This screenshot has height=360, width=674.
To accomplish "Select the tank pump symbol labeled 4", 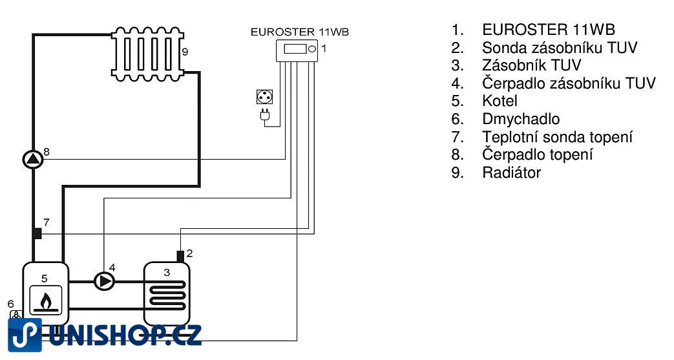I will click(x=105, y=281).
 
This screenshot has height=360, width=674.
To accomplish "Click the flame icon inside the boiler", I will click(x=45, y=300).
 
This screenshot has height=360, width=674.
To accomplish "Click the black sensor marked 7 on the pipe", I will click(x=37, y=233).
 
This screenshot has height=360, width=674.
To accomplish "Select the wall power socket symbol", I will click(x=264, y=98).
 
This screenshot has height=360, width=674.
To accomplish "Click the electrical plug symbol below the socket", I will click(x=264, y=116).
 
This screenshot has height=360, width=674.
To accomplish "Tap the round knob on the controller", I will click(x=311, y=49).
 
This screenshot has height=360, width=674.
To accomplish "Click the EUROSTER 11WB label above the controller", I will click(x=300, y=30).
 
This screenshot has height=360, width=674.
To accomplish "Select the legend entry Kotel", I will click(x=500, y=101).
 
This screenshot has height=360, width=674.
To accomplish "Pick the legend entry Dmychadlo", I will click(x=520, y=119).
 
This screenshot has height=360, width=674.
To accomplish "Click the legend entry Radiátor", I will click(x=511, y=173).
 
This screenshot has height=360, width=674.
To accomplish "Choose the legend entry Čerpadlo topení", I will click(x=537, y=154).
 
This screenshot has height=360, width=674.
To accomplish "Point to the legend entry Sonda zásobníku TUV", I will click(x=559, y=48).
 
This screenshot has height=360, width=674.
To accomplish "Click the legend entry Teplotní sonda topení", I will click(x=557, y=137).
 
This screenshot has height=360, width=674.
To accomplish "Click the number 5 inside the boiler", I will click(x=45, y=278).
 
